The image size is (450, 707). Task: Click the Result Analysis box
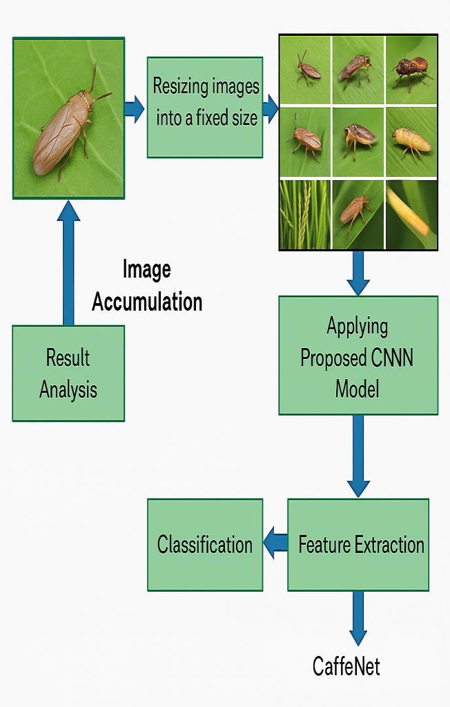click(68, 373)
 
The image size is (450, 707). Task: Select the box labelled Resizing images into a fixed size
click(205, 107)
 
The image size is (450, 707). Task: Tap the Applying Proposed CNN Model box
click(358, 356)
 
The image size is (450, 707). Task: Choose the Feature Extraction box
click(358, 545)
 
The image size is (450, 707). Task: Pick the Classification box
click(205, 545)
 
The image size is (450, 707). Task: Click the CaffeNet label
click(346, 666)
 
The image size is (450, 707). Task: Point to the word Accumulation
click(147, 302)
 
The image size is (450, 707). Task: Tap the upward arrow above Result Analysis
click(68, 262)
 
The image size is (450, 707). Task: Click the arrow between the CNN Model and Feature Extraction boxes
click(358, 456)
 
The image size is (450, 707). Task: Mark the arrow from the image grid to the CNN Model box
click(358, 273)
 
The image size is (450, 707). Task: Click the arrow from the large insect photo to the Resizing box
click(135, 108)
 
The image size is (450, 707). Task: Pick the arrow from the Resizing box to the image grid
click(271, 108)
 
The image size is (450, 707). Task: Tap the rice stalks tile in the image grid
click(304, 215)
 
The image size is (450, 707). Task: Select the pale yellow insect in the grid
click(411, 142)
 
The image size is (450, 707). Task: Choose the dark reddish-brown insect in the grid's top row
click(410, 69)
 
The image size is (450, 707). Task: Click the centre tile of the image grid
click(358, 141)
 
